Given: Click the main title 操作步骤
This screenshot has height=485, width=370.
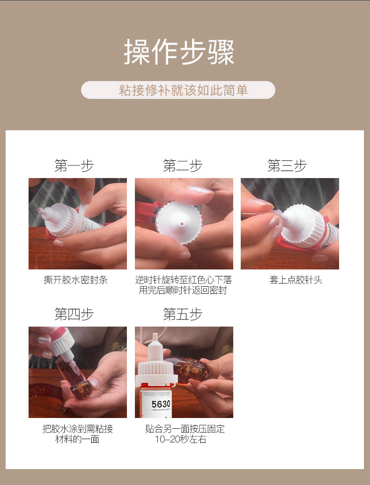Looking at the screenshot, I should click(x=179, y=52).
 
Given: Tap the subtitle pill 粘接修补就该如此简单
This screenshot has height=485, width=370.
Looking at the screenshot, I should click(x=178, y=90).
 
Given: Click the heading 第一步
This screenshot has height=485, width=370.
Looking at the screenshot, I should click(x=74, y=166).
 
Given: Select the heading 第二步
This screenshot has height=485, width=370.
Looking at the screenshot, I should click(x=183, y=166).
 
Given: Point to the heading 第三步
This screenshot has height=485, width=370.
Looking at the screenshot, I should click(x=287, y=166).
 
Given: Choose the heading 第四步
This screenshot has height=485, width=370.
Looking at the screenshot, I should click(x=74, y=314).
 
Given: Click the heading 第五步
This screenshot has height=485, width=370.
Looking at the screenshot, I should click(x=183, y=314).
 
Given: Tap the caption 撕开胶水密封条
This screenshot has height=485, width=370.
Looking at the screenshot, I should click(x=75, y=280).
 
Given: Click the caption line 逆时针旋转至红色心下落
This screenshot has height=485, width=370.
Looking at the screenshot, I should click(x=184, y=280).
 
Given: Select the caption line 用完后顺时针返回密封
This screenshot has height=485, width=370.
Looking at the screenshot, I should click(x=183, y=291).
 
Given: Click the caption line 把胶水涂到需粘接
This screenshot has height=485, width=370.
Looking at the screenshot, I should click(x=78, y=429).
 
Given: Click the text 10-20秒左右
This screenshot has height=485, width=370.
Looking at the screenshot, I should click(x=181, y=440).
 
